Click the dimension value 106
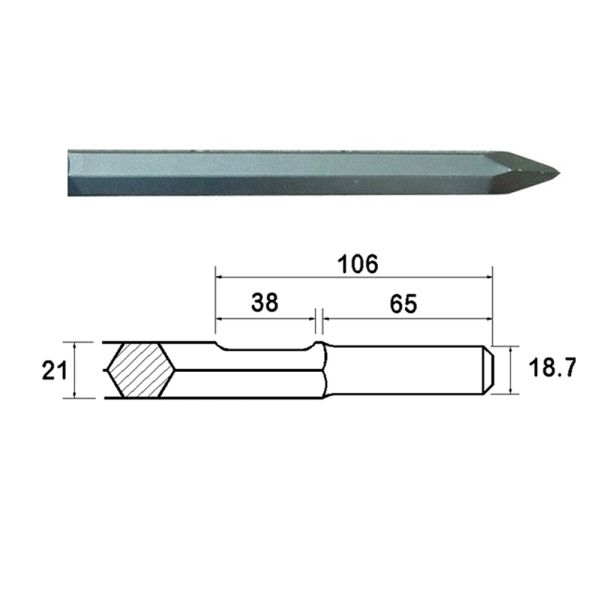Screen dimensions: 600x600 [x=357, y=264]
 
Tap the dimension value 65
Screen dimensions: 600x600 [x=403, y=302]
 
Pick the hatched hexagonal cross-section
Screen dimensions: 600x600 [x=139, y=371]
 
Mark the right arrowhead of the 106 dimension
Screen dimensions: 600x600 [x=489, y=278]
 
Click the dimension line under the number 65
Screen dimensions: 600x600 [x=404, y=320]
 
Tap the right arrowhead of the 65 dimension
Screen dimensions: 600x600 [x=489, y=320]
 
